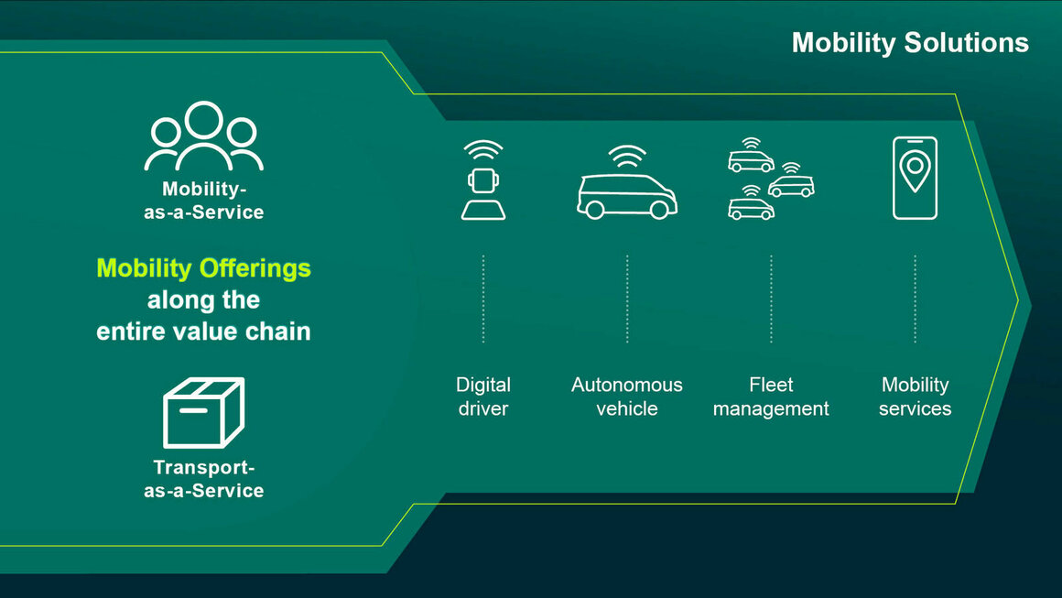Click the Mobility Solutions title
point(910,43)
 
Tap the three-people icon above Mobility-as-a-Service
point(203,136)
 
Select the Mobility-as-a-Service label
point(203,201)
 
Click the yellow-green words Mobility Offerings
point(203,268)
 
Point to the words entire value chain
point(203,331)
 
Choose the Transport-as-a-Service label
point(203,479)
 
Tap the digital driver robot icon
point(482,181)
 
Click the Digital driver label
point(483,397)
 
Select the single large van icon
point(627,195)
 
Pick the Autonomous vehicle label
point(627,397)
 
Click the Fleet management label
point(771,397)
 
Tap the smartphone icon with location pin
point(915,178)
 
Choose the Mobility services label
point(915,397)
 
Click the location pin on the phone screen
point(915,170)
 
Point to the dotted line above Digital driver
point(483,299)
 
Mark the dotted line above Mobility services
point(915,299)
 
